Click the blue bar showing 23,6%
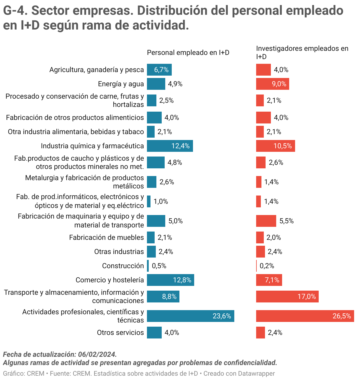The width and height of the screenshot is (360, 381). pos(190,316)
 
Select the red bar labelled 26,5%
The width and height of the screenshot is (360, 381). pos(305,316)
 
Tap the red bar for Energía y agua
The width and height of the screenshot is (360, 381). pos(272,84)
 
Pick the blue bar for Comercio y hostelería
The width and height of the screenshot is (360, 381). pos(170,280)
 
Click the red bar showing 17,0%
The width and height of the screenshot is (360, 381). pos(287,297)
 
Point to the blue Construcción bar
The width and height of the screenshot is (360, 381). pos(148,266)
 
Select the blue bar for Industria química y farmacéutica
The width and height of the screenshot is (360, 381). pos(170,146)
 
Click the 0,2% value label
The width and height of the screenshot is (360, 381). pos(267,266)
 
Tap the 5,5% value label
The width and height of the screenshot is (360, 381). pos(286,221)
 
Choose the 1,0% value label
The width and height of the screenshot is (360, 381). pos(161,201)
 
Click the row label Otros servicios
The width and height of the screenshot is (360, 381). pos(120,333)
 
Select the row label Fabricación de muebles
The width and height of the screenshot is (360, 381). pos(107,237)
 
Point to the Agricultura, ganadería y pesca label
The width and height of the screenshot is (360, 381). pos(96,70)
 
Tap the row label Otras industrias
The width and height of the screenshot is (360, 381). pos(119,252)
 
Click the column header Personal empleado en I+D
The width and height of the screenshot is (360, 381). pos(188,53)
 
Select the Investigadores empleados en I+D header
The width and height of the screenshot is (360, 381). pos(302,52)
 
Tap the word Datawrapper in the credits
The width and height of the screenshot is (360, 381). pos(256,374)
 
